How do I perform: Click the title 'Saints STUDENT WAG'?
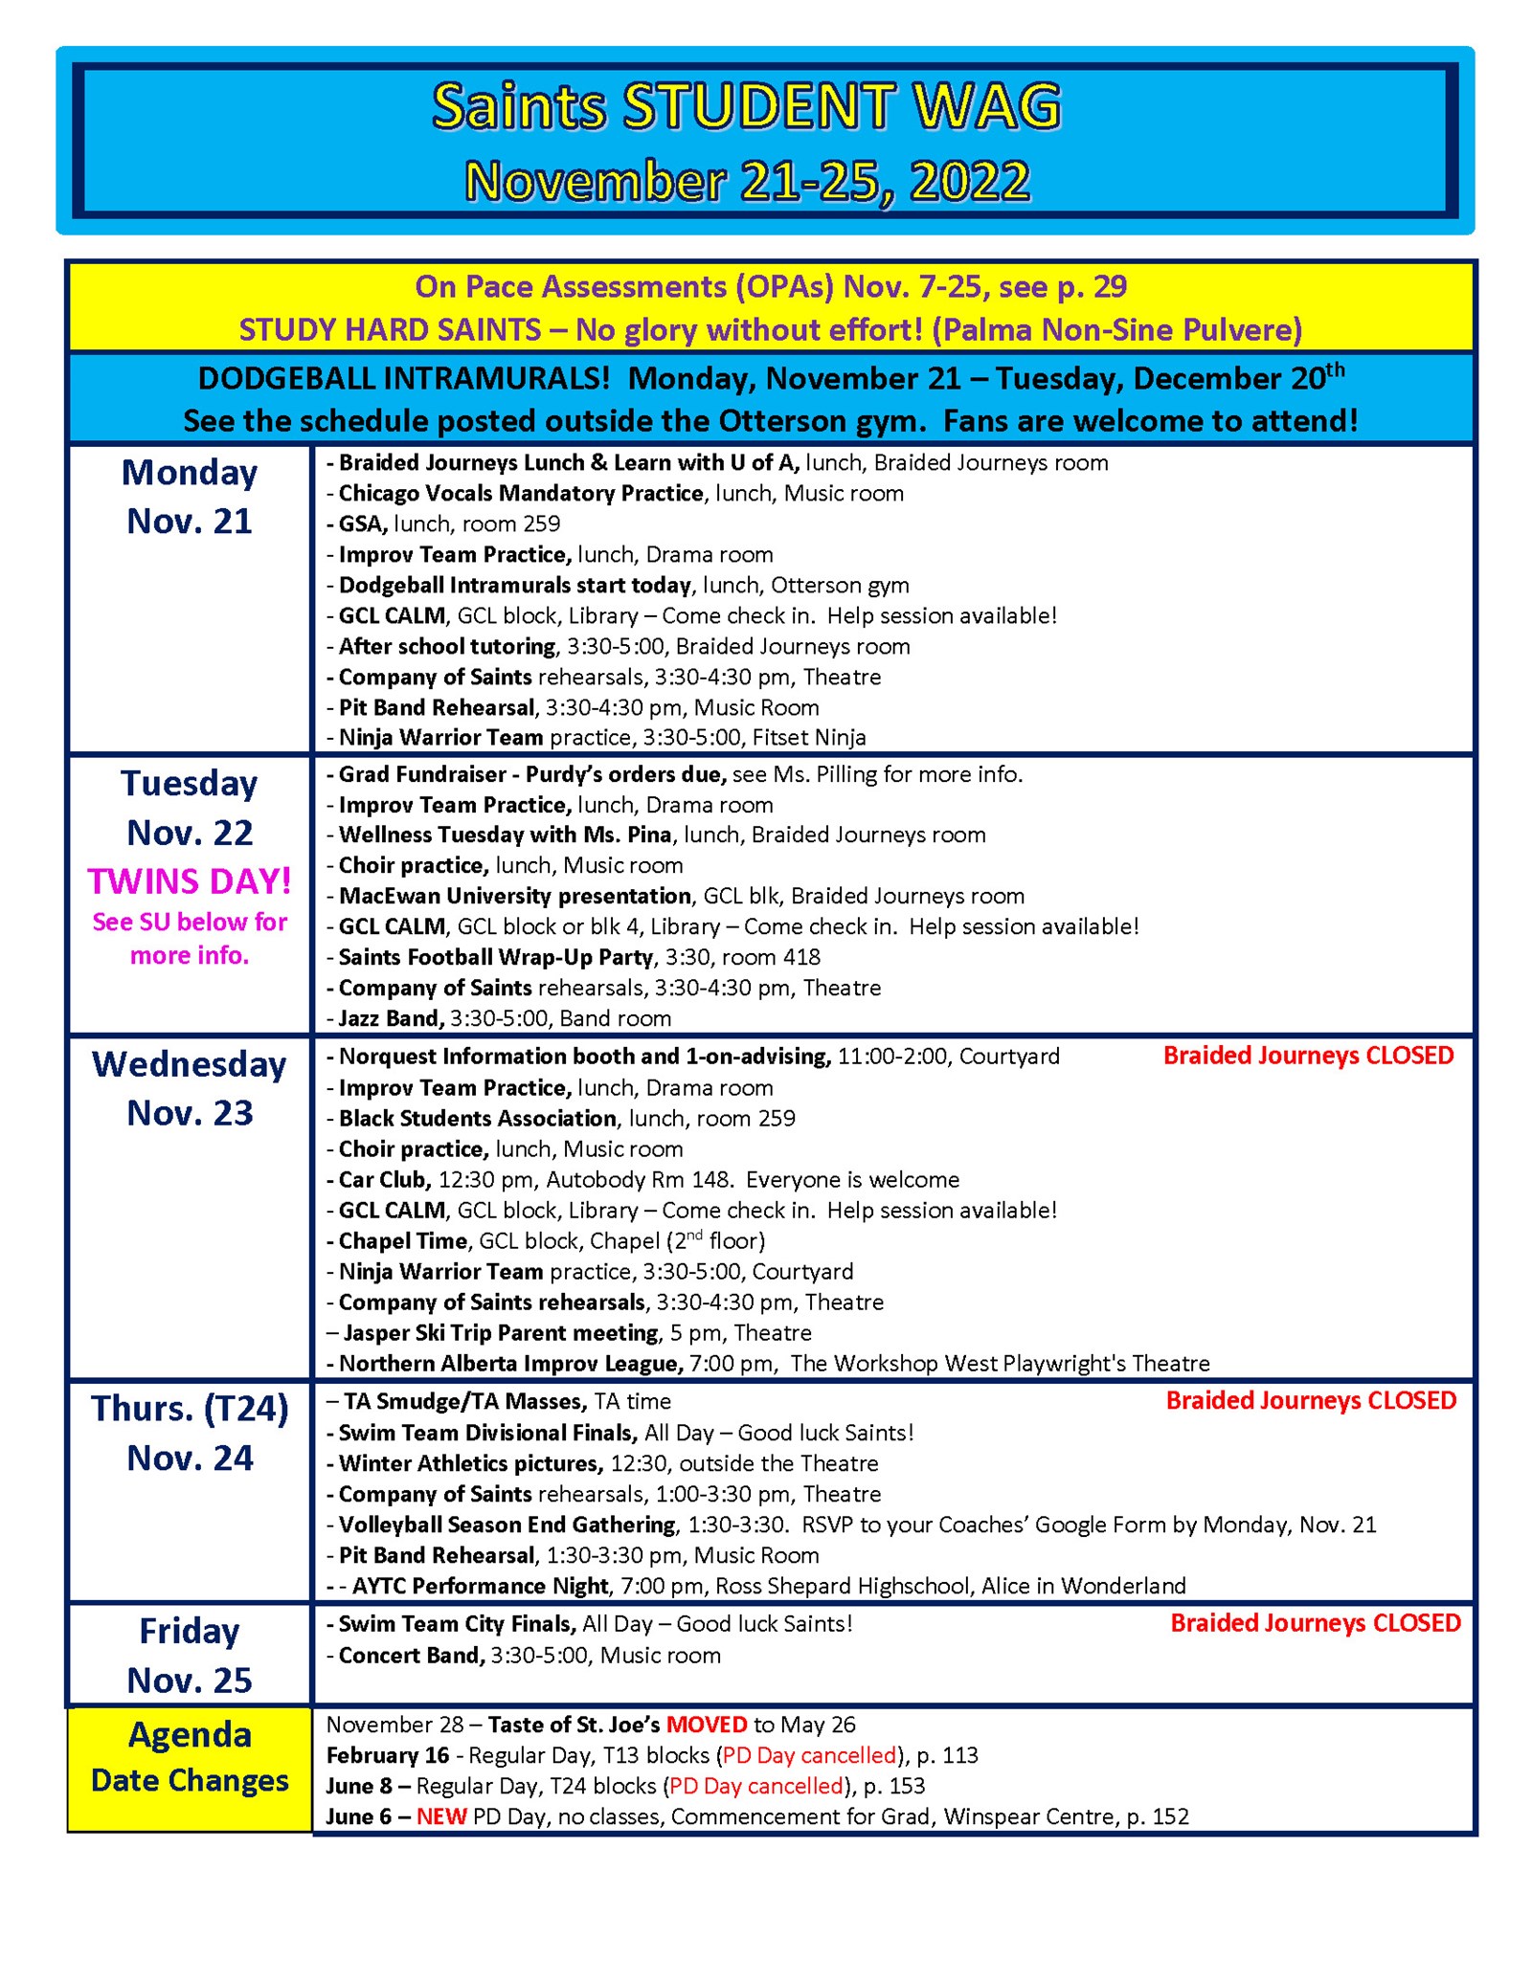[746, 106]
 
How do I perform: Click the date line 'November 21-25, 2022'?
[746, 181]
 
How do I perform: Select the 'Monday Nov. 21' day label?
[190, 497]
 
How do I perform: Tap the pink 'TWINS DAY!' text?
[190, 881]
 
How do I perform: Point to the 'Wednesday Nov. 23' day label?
[190, 1088]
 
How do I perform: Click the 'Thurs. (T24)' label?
[190, 1409]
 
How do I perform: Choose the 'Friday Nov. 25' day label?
[190, 1655]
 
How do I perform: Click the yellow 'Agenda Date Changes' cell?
[190, 1757]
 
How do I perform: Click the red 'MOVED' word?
[706, 1725]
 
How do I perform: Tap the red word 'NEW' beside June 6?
[441, 1816]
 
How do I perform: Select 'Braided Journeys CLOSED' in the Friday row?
[1315, 1623]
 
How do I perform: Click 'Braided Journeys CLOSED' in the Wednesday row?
[1308, 1056]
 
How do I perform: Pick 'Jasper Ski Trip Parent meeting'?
[500, 1332]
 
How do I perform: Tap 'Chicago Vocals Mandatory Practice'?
[520, 493]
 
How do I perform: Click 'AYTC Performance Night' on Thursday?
[479, 1586]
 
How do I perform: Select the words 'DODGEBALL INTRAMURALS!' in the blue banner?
[403, 379]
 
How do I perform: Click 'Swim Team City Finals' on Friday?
[456, 1624]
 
